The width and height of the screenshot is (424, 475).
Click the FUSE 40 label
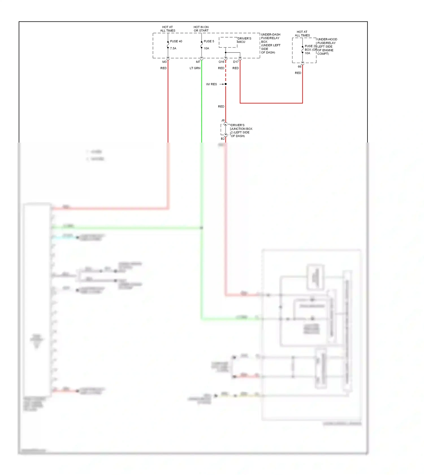(176, 41)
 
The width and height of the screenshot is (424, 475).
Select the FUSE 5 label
(209, 41)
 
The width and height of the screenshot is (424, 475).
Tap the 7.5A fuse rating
(173, 48)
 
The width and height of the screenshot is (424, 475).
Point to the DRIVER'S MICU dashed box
(228, 42)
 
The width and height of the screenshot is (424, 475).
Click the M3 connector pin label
(164, 62)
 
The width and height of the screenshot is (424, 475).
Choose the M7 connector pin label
(198, 62)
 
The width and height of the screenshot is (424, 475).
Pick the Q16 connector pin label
(221, 62)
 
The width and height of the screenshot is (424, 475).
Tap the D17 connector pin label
(236, 62)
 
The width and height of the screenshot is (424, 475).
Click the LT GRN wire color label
(195, 68)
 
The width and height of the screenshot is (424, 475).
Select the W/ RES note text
(211, 84)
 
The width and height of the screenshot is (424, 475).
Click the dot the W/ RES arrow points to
(226, 84)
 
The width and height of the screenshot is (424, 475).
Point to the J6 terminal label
(223, 120)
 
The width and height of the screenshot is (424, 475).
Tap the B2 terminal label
(222, 139)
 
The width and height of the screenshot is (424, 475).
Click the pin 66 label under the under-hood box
(299, 67)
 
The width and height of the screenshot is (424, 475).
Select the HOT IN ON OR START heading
(201, 29)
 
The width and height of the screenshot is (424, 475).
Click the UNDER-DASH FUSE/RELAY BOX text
(271, 43)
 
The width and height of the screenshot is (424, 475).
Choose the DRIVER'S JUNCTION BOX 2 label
(241, 130)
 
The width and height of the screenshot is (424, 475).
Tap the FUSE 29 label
(310, 46)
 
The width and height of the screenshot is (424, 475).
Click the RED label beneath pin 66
(298, 73)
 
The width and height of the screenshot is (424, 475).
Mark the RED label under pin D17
(235, 68)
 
